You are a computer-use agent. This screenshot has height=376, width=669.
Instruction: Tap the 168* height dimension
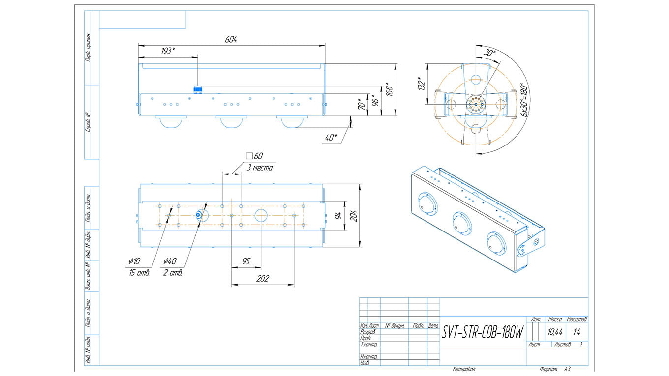(389, 89)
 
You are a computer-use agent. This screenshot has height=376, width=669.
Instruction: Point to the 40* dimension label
(332, 137)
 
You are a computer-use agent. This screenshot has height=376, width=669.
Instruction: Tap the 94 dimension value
(338, 215)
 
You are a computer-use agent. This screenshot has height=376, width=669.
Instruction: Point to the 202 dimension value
(263, 279)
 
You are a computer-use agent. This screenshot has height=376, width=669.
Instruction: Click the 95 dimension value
(247, 261)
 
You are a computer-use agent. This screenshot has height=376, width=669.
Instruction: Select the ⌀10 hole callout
(134, 261)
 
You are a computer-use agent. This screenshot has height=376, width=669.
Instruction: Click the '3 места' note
(259, 168)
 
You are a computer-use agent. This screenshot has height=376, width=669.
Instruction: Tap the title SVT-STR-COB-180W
(482, 333)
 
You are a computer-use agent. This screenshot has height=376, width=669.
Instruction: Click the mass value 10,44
(555, 332)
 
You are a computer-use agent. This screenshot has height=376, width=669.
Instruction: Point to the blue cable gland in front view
(198, 89)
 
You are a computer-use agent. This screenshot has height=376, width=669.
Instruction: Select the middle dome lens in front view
(231, 122)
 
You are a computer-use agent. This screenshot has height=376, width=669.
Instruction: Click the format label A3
(567, 369)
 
